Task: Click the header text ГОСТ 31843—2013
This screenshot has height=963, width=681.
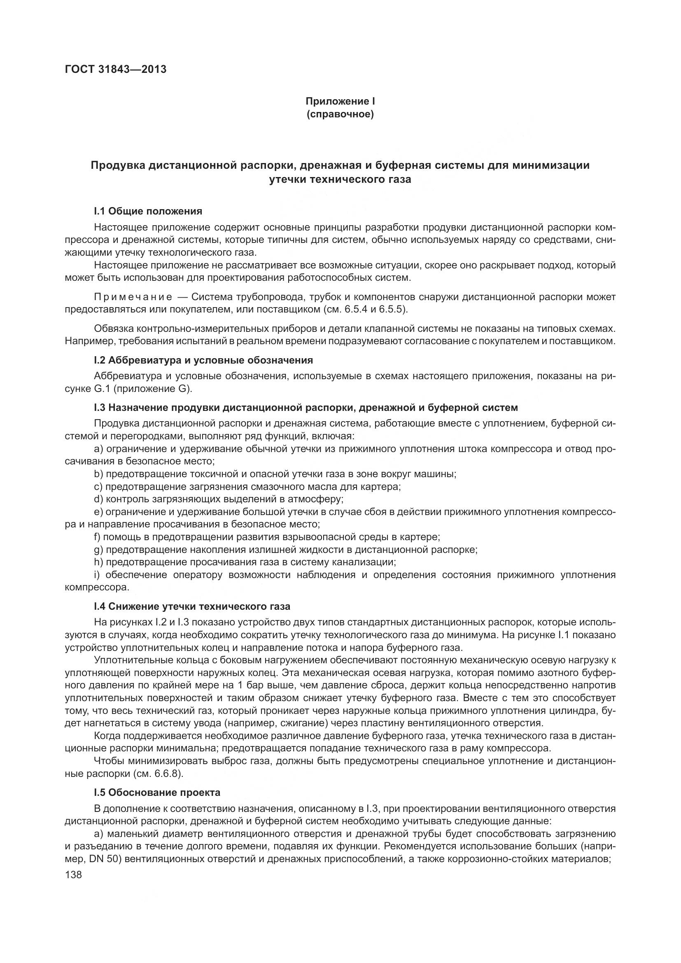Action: coord(115,69)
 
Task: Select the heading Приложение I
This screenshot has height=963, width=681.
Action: coord(340,102)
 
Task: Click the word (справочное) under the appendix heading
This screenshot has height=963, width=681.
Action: coord(340,114)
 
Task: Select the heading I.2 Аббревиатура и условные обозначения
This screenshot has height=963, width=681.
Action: coord(203,360)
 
